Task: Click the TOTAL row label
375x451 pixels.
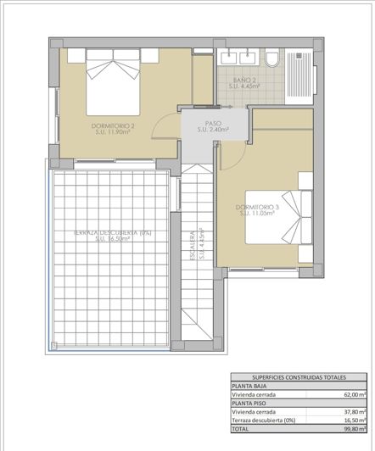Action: (x=242, y=430)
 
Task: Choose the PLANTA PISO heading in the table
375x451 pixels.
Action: (x=250, y=404)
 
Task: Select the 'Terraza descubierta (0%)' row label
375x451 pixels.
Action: (x=265, y=421)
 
